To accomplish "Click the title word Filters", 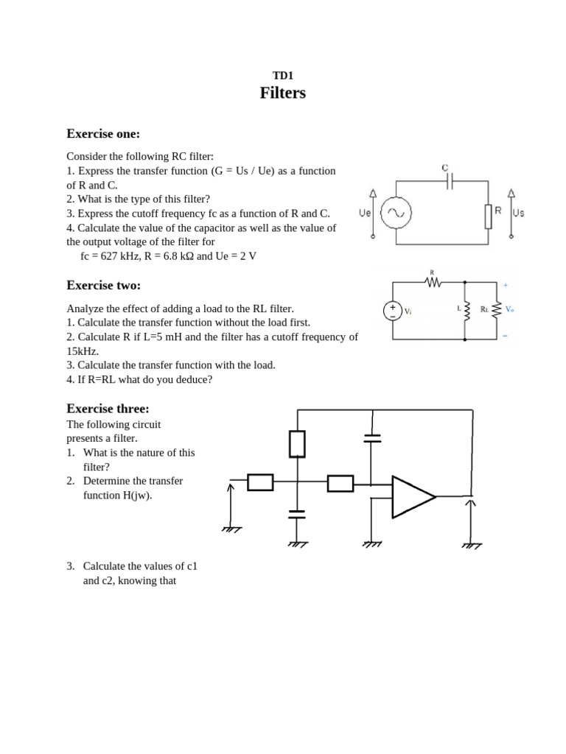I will click(282, 93).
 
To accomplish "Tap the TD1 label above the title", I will click(282, 75).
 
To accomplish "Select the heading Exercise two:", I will click(103, 285).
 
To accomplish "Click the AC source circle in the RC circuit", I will click(396, 212).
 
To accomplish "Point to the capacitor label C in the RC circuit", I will click(445, 168).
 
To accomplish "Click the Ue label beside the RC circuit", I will click(364, 213).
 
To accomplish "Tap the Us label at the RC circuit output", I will click(518, 213).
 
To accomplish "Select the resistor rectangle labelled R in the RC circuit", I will click(488, 216).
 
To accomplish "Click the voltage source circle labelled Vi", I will click(393, 311).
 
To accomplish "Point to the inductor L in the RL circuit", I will click(466, 310).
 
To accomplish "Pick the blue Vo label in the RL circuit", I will click(509, 309).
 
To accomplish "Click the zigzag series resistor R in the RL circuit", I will click(433, 282).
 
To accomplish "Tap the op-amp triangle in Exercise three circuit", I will click(411, 497).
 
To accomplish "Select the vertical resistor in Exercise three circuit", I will click(297, 444).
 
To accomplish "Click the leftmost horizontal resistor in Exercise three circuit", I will click(260, 482).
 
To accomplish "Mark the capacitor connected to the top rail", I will click(372, 439).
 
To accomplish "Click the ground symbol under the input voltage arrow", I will click(231, 529).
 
